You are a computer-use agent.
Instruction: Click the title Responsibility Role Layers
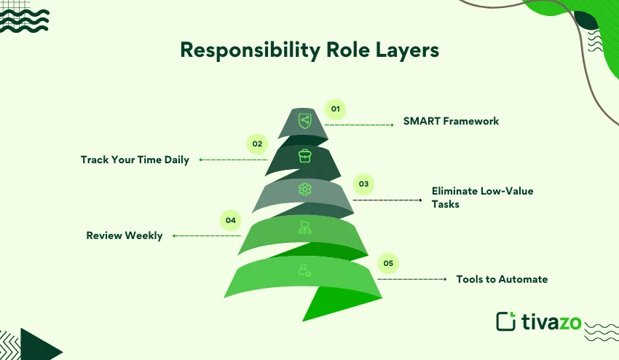(309, 50)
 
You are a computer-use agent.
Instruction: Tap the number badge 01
(335, 109)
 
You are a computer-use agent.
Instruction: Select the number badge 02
(257, 144)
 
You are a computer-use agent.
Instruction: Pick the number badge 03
(363, 184)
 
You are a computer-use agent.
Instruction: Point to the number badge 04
(230, 220)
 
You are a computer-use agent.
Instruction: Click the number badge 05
(388, 264)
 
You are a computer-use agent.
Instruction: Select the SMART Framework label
(451, 121)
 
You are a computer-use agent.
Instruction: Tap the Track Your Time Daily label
(135, 160)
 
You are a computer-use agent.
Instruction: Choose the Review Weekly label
(125, 235)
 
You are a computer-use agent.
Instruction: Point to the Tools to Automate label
(502, 279)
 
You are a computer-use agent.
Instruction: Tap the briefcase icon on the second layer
(304, 156)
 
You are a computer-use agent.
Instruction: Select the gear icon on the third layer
(304, 189)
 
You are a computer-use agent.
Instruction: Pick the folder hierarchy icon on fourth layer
(304, 229)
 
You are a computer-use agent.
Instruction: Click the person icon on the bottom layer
(304, 270)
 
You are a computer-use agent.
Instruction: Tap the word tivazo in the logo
(551, 321)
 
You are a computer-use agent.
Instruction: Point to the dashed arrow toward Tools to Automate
(411, 279)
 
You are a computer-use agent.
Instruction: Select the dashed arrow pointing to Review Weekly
(207, 235)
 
